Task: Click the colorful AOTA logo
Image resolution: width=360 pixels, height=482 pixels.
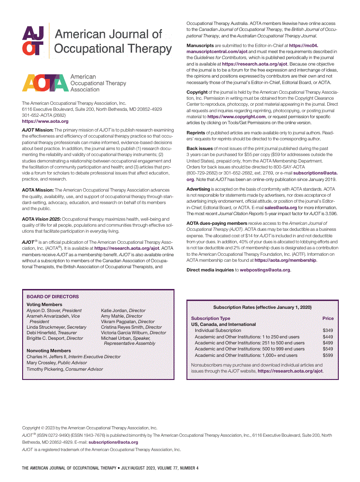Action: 45,83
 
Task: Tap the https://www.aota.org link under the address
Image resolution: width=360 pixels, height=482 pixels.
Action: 45,121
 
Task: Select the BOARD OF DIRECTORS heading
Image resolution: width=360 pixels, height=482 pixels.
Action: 53,297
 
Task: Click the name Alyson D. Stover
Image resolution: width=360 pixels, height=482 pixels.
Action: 44,311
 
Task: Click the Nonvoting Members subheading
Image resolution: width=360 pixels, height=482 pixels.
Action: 49,351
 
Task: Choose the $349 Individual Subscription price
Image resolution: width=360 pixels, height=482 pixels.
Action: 328,331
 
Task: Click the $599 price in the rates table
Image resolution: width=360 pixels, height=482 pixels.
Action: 328,355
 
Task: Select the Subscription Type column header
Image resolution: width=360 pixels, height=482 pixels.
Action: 210,319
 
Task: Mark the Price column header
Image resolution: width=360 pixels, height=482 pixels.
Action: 328,319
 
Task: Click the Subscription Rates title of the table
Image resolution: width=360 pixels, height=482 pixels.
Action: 262,307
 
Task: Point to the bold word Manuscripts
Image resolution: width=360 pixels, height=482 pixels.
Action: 200,46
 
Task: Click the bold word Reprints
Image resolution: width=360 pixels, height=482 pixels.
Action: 196,133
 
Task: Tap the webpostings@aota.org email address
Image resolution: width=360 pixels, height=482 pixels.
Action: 265,270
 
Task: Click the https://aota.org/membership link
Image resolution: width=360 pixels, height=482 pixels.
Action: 285,260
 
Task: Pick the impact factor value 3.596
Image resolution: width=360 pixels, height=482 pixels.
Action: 330,214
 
